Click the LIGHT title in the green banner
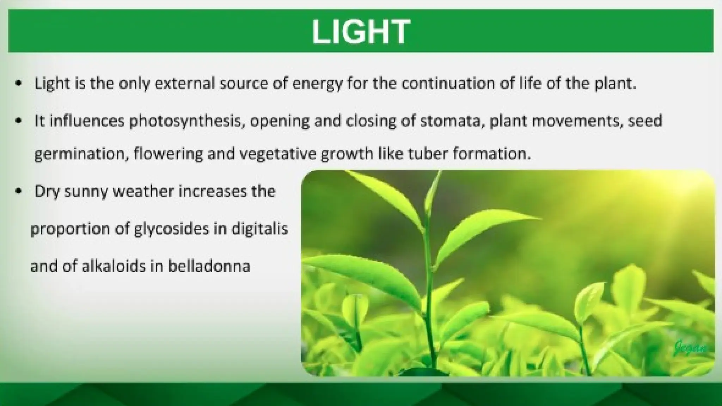[361, 32]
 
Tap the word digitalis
[259, 229]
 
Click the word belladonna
[209, 266]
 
